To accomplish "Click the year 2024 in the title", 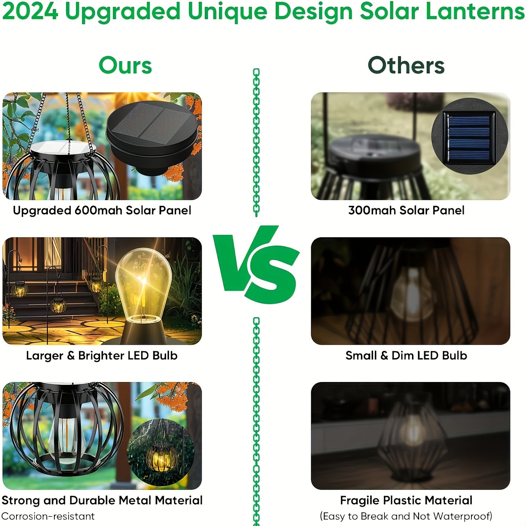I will (30, 11).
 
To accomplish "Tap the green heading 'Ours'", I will (125, 65).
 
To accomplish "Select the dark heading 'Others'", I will (406, 65).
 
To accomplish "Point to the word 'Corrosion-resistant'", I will (48, 516).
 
